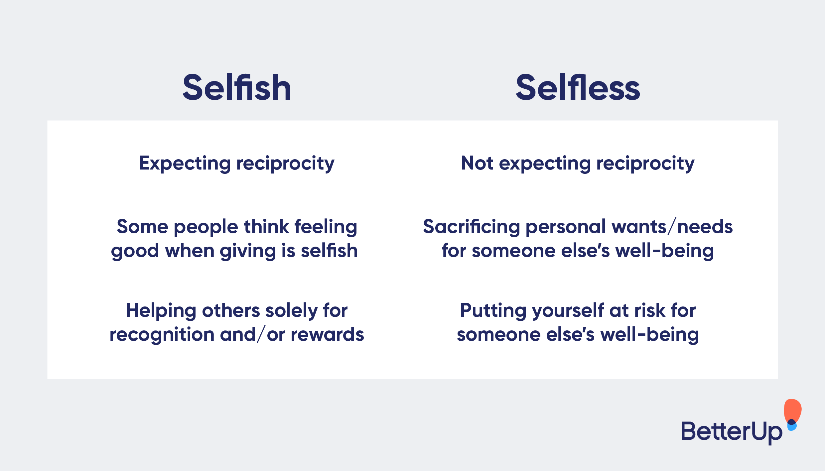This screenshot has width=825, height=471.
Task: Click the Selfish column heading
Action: (237, 87)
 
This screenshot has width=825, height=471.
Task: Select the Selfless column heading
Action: (578, 87)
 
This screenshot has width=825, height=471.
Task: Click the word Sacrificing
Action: (471, 227)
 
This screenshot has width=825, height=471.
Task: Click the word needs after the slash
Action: (705, 227)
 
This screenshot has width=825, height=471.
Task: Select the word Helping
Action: (161, 311)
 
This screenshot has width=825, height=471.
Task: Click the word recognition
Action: (162, 334)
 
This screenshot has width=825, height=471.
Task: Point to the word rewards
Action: (327, 334)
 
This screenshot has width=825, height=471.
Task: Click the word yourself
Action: (568, 311)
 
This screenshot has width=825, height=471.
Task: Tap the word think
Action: (266, 227)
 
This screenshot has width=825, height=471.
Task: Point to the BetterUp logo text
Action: (732, 431)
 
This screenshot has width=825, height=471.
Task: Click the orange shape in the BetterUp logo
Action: (793, 410)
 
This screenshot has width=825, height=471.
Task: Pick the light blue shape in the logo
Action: (792, 427)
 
